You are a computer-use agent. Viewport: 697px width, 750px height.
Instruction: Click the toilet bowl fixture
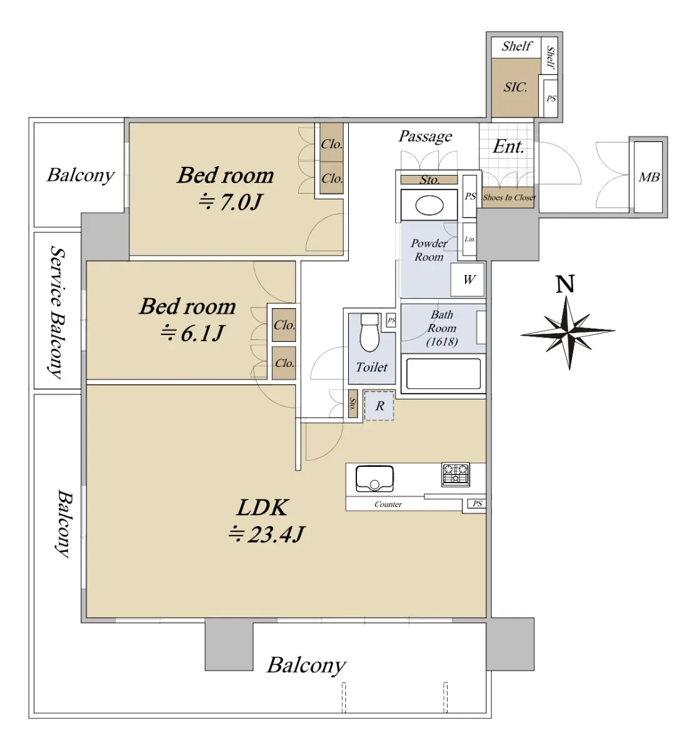369,332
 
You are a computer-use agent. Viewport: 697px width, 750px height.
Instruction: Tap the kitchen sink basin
374,479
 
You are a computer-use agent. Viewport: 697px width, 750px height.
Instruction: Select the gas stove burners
456,474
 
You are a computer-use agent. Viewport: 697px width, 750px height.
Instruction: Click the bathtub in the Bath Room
443,374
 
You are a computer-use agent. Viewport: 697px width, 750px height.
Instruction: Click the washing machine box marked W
468,279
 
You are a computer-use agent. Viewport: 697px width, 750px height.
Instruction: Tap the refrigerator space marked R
379,406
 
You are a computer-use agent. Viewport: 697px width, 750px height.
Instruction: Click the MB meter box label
649,177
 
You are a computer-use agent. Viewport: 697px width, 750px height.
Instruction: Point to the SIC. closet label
515,87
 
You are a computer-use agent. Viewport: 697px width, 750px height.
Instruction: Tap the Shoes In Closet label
509,197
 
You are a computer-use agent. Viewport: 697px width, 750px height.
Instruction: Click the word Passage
425,136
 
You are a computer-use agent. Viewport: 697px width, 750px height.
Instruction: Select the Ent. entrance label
508,146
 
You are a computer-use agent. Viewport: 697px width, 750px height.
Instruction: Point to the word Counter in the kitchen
388,504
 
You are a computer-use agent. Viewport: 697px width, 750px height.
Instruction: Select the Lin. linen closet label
469,239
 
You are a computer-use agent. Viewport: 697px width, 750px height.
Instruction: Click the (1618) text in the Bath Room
441,342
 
